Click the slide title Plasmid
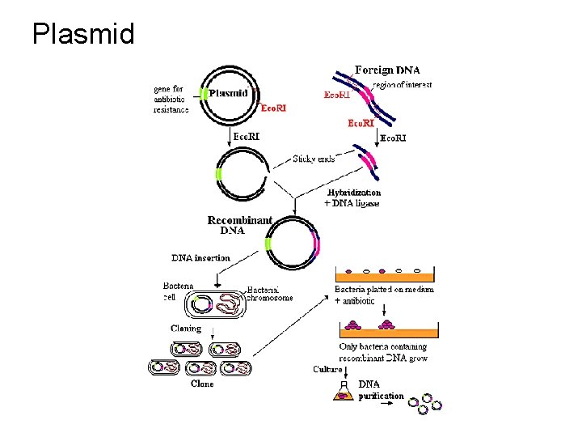click(83, 33)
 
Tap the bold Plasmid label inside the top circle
click(229, 92)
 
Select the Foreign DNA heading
click(387, 70)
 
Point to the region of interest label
click(402, 85)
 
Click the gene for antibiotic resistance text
click(171, 99)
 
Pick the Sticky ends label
click(314, 159)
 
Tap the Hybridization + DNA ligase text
click(353, 198)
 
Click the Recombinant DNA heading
click(239, 225)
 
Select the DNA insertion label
click(200, 258)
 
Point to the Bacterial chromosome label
click(269, 293)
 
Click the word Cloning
click(186, 329)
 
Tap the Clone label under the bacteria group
click(201, 384)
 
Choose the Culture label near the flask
click(327, 369)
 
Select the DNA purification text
click(380, 390)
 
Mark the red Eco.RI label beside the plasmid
click(272, 107)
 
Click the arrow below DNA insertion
click(217, 277)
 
